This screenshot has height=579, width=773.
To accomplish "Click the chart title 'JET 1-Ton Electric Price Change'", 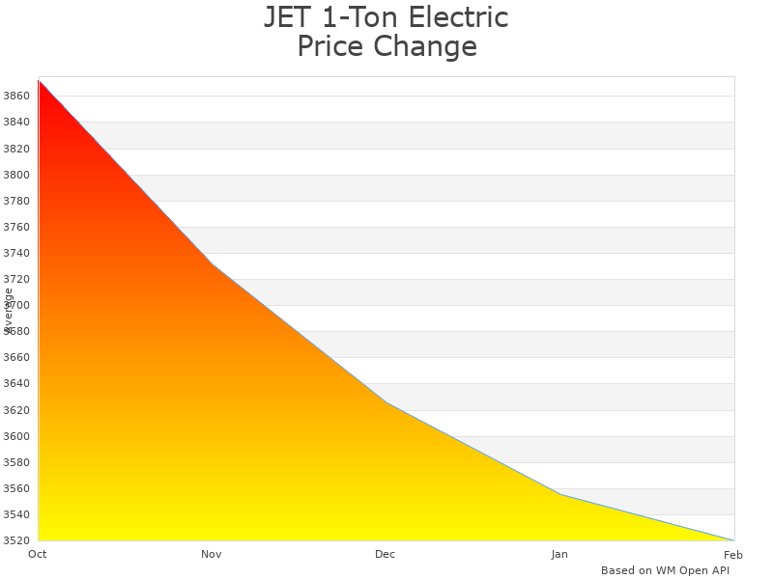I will tap(386, 32).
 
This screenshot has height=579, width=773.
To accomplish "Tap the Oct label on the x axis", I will tap(38, 555).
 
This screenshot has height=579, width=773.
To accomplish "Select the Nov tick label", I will tap(212, 555).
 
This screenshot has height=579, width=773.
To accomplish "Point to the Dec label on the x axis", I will tap(386, 555).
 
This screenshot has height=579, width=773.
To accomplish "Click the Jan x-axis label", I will tap(559, 555).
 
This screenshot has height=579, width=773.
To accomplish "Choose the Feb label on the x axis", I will tap(733, 555).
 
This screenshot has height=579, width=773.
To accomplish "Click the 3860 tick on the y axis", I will tap(16, 96).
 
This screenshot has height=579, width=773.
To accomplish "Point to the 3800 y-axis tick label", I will tap(16, 175).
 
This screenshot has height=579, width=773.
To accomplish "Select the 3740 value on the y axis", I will tap(16, 254).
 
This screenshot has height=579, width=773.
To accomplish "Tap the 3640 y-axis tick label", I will tap(16, 384).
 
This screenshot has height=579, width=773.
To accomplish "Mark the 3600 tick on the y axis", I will tap(16, 436).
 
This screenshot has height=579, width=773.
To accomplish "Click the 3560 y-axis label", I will tap(16, 488).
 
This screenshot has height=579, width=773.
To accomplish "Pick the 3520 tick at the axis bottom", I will tap(16, 540).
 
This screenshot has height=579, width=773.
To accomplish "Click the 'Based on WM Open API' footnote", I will tap(665, 570).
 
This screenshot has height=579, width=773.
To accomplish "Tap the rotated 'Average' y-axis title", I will tap(9, 310).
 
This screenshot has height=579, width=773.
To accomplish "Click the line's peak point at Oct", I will tap(39, 80).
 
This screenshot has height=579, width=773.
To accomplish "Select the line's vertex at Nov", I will tap(213, 264).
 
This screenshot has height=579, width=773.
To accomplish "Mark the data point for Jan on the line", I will tap(560, 494).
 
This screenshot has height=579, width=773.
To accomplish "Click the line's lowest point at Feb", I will tap(733, 540).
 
